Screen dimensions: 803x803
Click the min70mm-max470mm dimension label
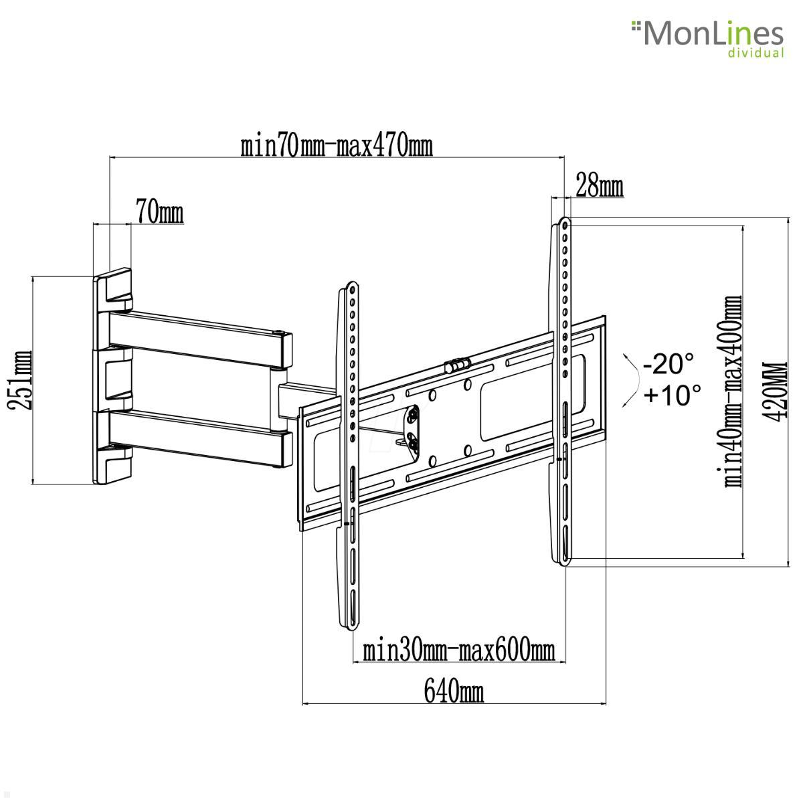(x=337, y=145)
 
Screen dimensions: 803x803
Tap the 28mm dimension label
(x=599, y=187)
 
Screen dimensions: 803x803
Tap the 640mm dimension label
(x=453, y=691)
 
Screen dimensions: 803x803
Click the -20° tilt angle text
(x=668, y=365)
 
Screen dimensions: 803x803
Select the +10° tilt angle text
(x=672, y=395)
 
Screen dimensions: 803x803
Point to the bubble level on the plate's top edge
(x=457, y=365)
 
